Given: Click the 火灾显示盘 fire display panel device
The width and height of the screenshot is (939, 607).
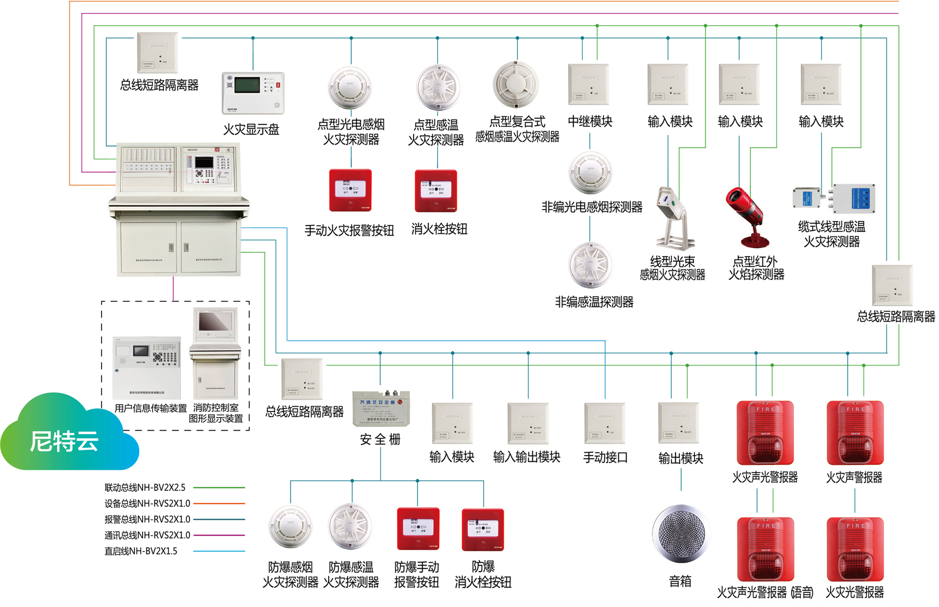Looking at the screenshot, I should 253,93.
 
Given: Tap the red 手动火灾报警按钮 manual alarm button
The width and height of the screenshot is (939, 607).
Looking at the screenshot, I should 351,190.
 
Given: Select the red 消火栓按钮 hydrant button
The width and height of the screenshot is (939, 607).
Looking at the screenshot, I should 436,191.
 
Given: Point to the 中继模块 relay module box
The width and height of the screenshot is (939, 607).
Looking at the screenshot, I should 588,85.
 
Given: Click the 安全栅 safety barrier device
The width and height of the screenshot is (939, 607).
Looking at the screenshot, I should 381,408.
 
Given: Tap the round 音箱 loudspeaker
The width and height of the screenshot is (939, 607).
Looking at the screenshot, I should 681,533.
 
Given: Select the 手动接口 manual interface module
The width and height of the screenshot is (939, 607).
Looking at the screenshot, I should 605,423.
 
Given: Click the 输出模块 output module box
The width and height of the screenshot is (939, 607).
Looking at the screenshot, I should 678,423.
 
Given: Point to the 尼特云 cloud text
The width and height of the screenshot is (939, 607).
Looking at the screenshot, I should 64,441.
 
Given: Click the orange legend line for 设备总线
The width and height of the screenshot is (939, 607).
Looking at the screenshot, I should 219,504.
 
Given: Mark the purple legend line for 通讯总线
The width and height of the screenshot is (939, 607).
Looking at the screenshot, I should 219,535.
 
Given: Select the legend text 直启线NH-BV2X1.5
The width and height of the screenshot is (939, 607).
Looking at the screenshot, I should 141,551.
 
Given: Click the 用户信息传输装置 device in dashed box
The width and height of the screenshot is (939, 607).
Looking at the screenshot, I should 147,367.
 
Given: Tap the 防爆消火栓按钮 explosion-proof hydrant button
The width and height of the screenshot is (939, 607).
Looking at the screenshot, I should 483,530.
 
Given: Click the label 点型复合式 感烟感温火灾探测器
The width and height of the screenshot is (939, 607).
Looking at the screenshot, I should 517,129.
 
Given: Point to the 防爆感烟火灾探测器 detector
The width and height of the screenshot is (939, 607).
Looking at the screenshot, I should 291,526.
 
